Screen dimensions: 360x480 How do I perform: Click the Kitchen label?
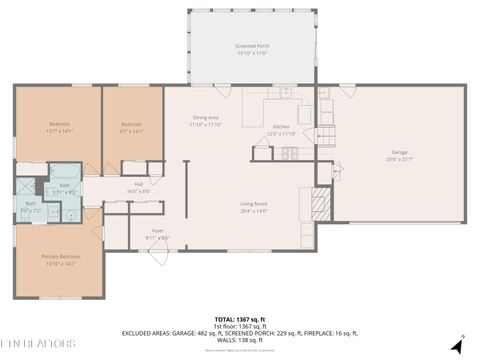pos(281,127)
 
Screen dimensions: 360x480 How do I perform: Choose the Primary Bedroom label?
pos(60,257)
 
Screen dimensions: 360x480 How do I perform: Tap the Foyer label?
pos(158,231)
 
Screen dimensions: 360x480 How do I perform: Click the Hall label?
pos(138,185)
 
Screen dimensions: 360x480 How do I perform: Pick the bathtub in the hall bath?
pos(66,171)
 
